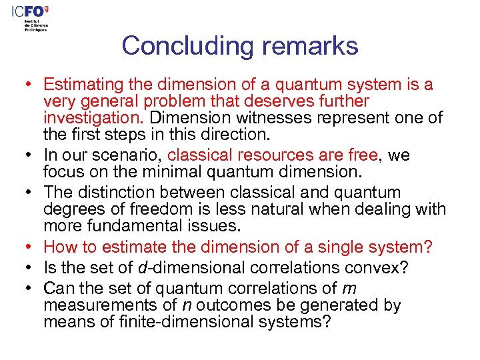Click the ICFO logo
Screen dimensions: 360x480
[37, 13]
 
